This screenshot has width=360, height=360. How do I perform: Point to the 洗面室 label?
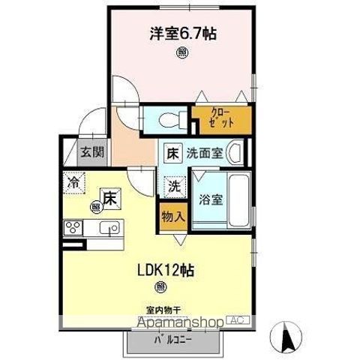click(x=205, y=154)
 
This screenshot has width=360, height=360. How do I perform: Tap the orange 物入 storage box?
click(x=172, y=217)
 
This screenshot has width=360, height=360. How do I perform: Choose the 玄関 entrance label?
click(x=93, y=152)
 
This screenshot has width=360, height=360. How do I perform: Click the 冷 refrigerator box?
click(x=73, y=181)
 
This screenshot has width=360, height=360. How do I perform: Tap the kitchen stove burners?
click(x=74, y=228)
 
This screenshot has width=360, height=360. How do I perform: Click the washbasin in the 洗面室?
click(x=236, y=154)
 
